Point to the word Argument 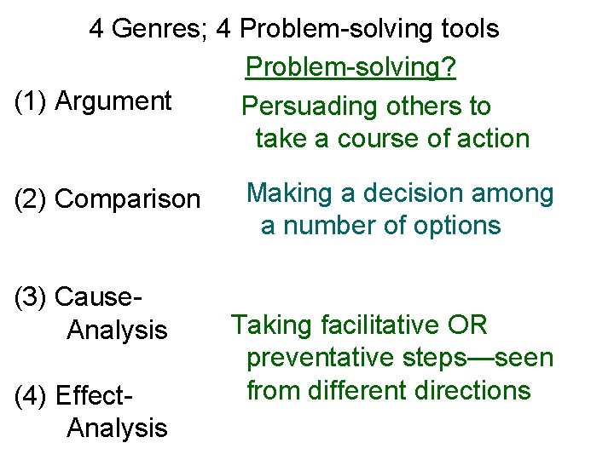click(x=113, y=101)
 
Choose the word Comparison click(x=128, y=199)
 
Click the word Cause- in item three click(x=96, y=297)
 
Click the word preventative click(x=321, y=358)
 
